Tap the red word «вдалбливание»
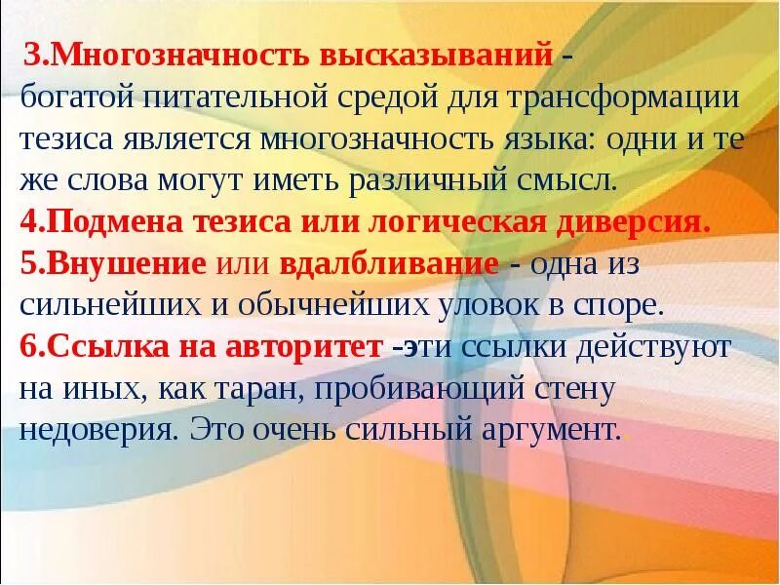tap(389, 263)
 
